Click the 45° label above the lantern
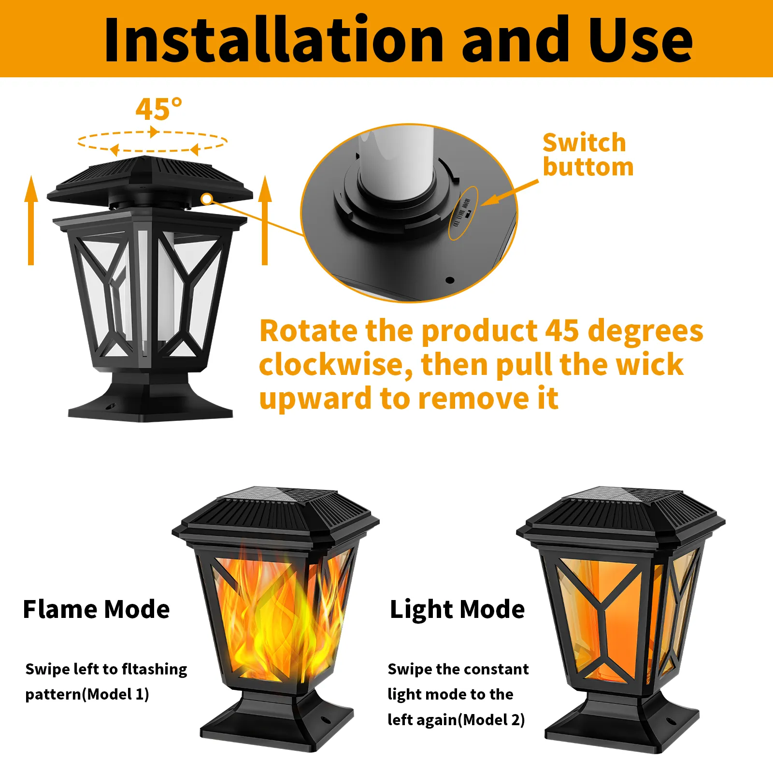(159, 109)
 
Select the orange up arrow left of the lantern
(31, 220)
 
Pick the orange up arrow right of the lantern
(265, 220)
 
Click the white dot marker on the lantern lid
(207, 199)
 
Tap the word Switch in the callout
(584, 143)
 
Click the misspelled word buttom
(588, 167)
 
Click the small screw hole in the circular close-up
(450, 280)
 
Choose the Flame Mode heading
(96, 609)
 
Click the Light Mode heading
(457, 609)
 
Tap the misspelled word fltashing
(154, 670)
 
